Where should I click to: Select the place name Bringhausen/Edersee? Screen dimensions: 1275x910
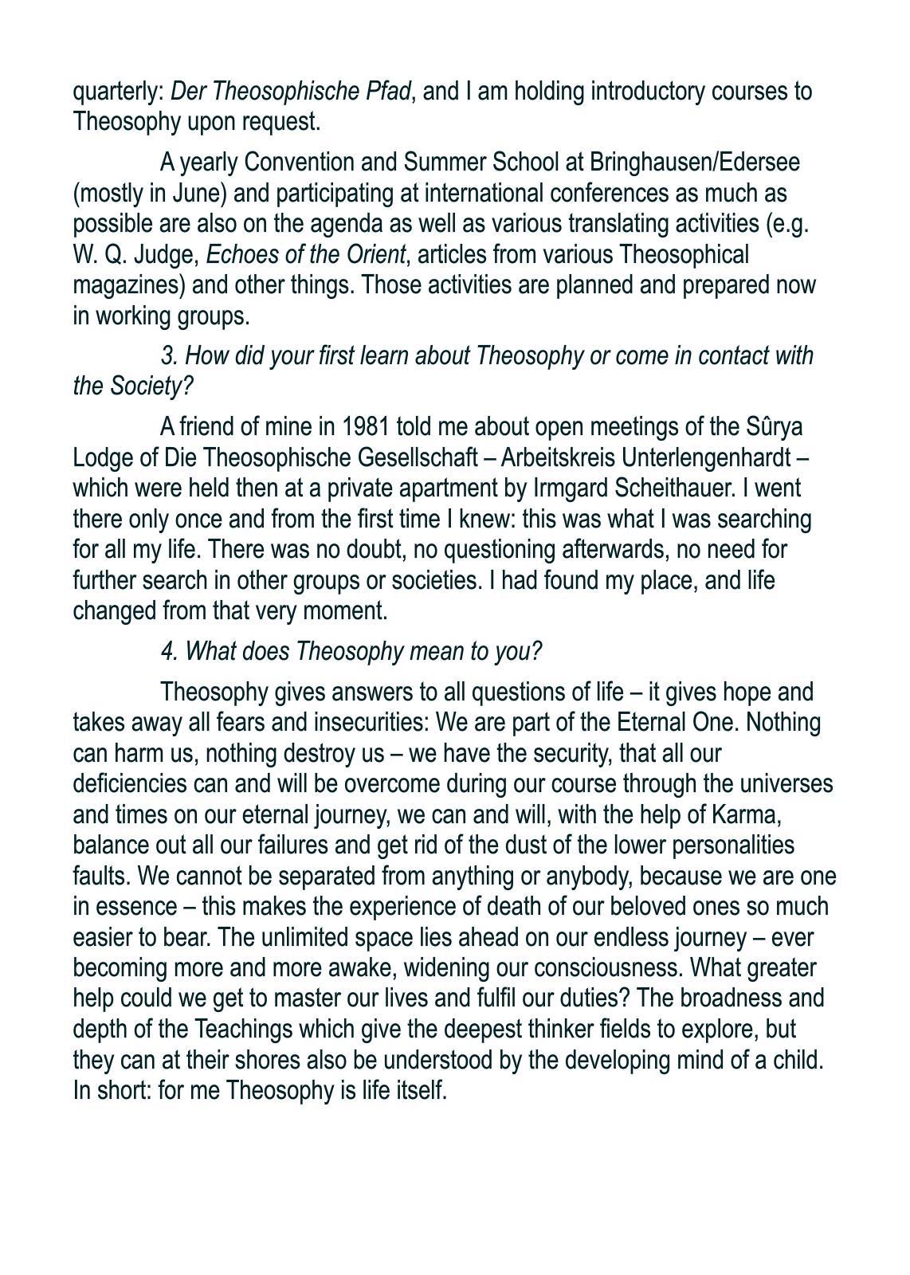[694, 162]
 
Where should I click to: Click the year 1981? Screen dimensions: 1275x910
[365, 427]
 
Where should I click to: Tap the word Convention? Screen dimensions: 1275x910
[297, 162]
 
